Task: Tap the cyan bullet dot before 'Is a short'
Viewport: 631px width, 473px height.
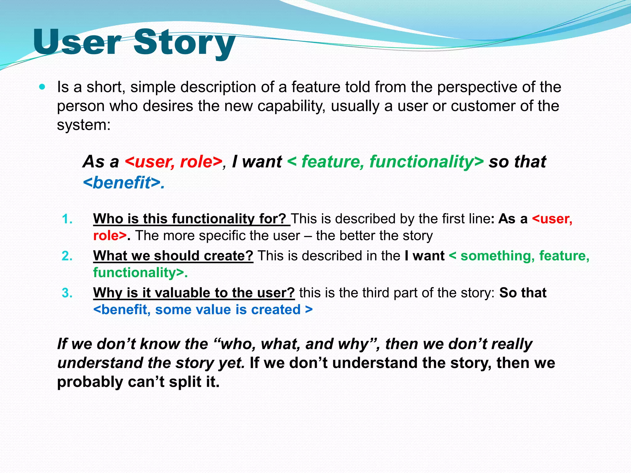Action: click(x=43, y=87)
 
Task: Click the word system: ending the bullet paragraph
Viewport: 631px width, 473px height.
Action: click(x=83, y=125)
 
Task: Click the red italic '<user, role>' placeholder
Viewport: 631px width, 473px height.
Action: click(x=173, y=162)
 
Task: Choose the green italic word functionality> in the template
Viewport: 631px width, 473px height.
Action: click(x=426, y=162)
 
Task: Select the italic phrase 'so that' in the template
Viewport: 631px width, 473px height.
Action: click(x=517, y=162)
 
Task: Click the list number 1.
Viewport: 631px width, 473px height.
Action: click(x=67, y=219)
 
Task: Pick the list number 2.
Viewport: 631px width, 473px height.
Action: click(x=67, y=256)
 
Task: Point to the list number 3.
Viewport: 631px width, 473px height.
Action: click(x=67, y=293)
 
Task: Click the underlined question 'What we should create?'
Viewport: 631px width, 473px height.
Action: click(x=173, y=256)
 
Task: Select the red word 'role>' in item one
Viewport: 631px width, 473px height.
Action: click(x=110, y=236)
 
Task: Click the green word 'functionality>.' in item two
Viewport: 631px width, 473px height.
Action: click(x=140, y=273)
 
